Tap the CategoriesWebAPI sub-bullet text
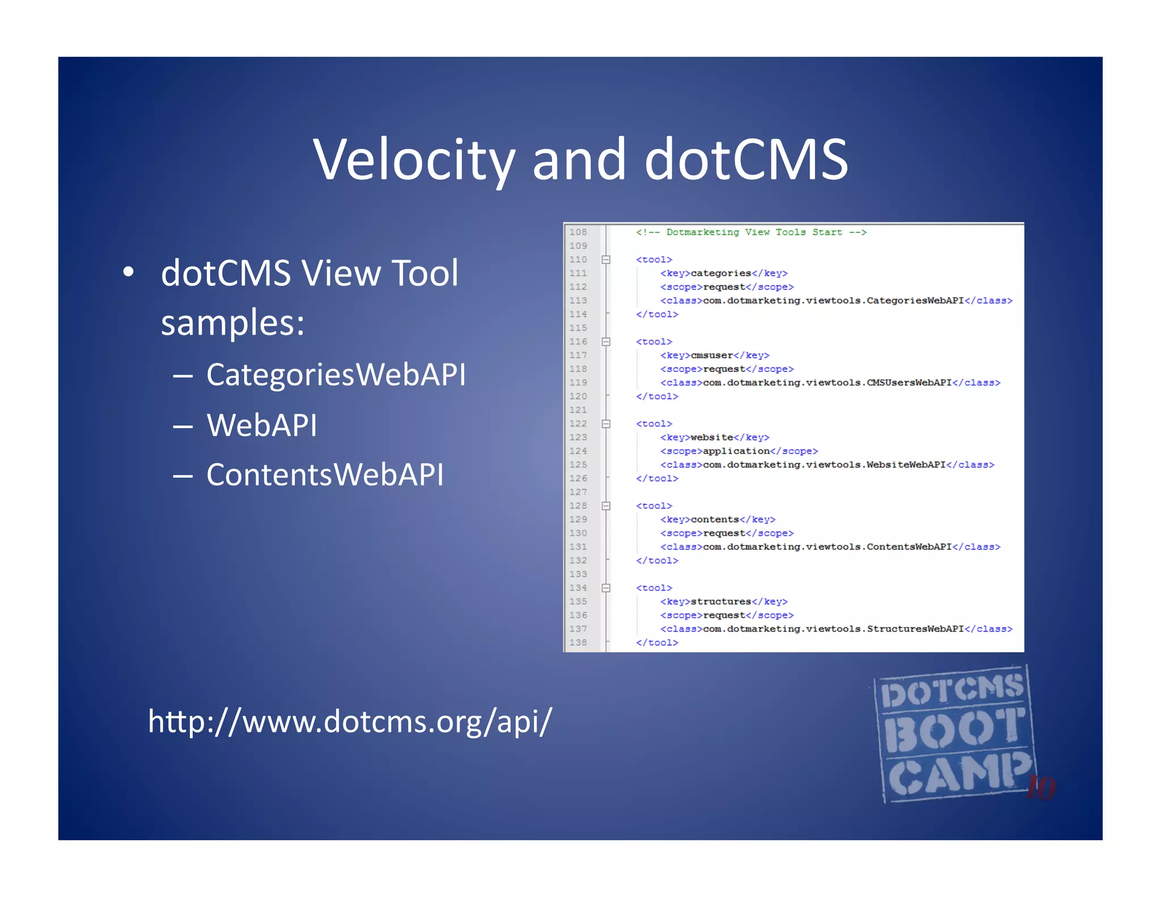(336, 374)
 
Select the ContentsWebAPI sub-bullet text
(325, 475)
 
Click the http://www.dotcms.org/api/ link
(350, 721)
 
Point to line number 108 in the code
(578, 232)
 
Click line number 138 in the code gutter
(578, 642)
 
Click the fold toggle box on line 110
(606, 260)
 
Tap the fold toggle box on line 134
(606, 588)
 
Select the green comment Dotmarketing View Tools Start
(751, 232)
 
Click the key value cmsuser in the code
(711, 356)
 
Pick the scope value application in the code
(736, 451)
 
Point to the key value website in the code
(711, 438)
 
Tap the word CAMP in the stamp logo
(958, 774)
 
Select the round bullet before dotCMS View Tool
(129, 272)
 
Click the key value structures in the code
(721, 602)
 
